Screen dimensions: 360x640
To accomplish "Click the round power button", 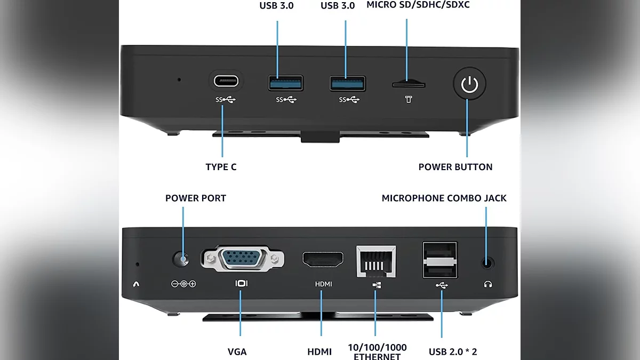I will [469, 84].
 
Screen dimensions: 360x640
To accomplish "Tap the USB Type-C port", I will [226, 82].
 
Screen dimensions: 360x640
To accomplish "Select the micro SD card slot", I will [409, 84].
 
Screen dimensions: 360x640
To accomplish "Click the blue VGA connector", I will [242, 259].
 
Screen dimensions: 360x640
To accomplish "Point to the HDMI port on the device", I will [323, 260].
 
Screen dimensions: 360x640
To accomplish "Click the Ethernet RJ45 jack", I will [376, 261].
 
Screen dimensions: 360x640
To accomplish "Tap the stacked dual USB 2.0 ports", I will [440, 260].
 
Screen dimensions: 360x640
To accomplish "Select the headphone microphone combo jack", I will [486, 262].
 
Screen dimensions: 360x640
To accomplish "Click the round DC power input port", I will [182, 260].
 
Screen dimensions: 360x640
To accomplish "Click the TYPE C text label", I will [221, 167].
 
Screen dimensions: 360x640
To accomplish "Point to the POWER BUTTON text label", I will [455, 167].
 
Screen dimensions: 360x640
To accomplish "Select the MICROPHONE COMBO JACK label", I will [444, 198].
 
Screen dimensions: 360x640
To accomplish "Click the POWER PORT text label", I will [196, 198].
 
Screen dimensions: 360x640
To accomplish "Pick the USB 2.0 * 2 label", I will [453, 351].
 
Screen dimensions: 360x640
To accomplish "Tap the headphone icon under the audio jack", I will [487, 284].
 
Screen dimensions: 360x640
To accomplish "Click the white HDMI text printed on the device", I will [323, 284].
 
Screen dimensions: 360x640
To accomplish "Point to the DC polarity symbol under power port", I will [183, 284].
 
